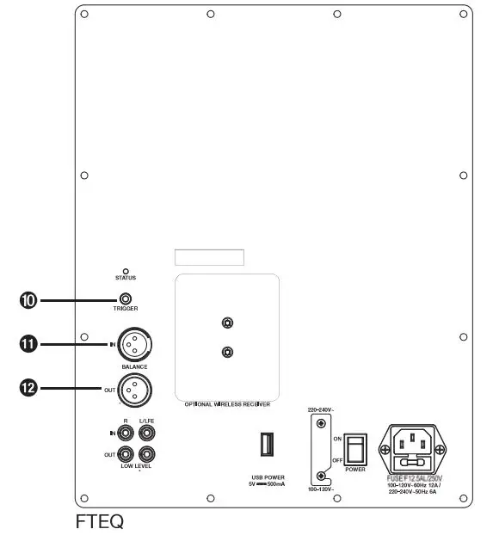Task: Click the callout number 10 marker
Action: click(x=28, y=300)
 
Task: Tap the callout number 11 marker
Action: click(x=28, y=345)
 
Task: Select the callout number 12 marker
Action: click(x=28, y=389)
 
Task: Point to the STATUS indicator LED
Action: click(x=126, y=271)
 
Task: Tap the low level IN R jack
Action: click(x=127, y=433)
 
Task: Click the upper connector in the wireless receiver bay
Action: click(x=225, y=323)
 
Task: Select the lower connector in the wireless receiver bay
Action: click(x=225, y=352)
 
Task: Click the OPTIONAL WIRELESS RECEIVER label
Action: click(x=227, y=403)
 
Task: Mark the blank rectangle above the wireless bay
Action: click(x=208, y=257)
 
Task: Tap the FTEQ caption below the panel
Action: click(x=100, y=520)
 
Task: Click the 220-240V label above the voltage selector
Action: click(x=320, y=410)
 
